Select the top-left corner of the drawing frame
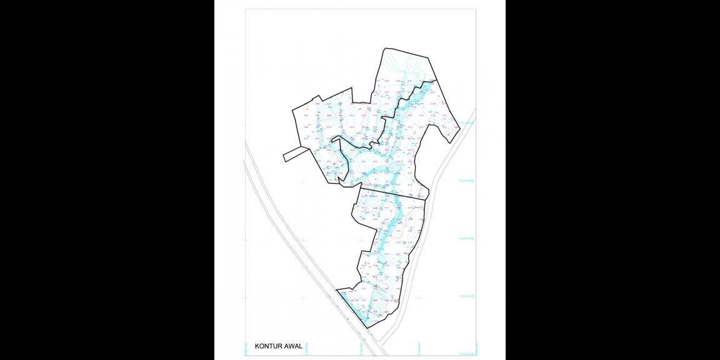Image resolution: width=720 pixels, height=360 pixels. pos(245,9)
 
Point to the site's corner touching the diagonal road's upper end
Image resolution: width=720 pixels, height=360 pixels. pos(337,290)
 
